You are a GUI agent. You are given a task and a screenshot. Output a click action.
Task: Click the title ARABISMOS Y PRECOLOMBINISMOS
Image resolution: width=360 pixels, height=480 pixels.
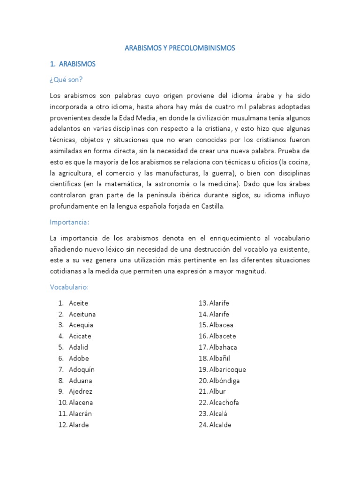(180, 48)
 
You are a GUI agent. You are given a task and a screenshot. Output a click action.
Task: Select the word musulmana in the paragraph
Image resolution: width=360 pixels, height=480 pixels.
(249, 118)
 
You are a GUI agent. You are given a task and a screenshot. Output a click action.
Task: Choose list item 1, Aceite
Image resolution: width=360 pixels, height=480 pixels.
(78, 303)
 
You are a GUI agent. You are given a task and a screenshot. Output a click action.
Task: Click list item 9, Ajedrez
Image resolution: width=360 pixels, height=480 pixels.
(81, 391)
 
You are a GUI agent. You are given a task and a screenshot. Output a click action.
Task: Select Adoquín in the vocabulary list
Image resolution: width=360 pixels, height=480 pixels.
(82, 369)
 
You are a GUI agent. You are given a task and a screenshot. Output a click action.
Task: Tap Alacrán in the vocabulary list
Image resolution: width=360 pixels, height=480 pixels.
(81, 413)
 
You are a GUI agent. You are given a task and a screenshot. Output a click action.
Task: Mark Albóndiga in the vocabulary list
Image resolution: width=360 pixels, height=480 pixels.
(225, 381)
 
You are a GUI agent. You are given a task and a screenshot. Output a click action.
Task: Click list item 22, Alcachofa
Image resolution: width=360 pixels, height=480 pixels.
(224, 403)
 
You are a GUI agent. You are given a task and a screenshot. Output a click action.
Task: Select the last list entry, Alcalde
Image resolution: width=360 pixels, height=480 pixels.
(220, 425)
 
